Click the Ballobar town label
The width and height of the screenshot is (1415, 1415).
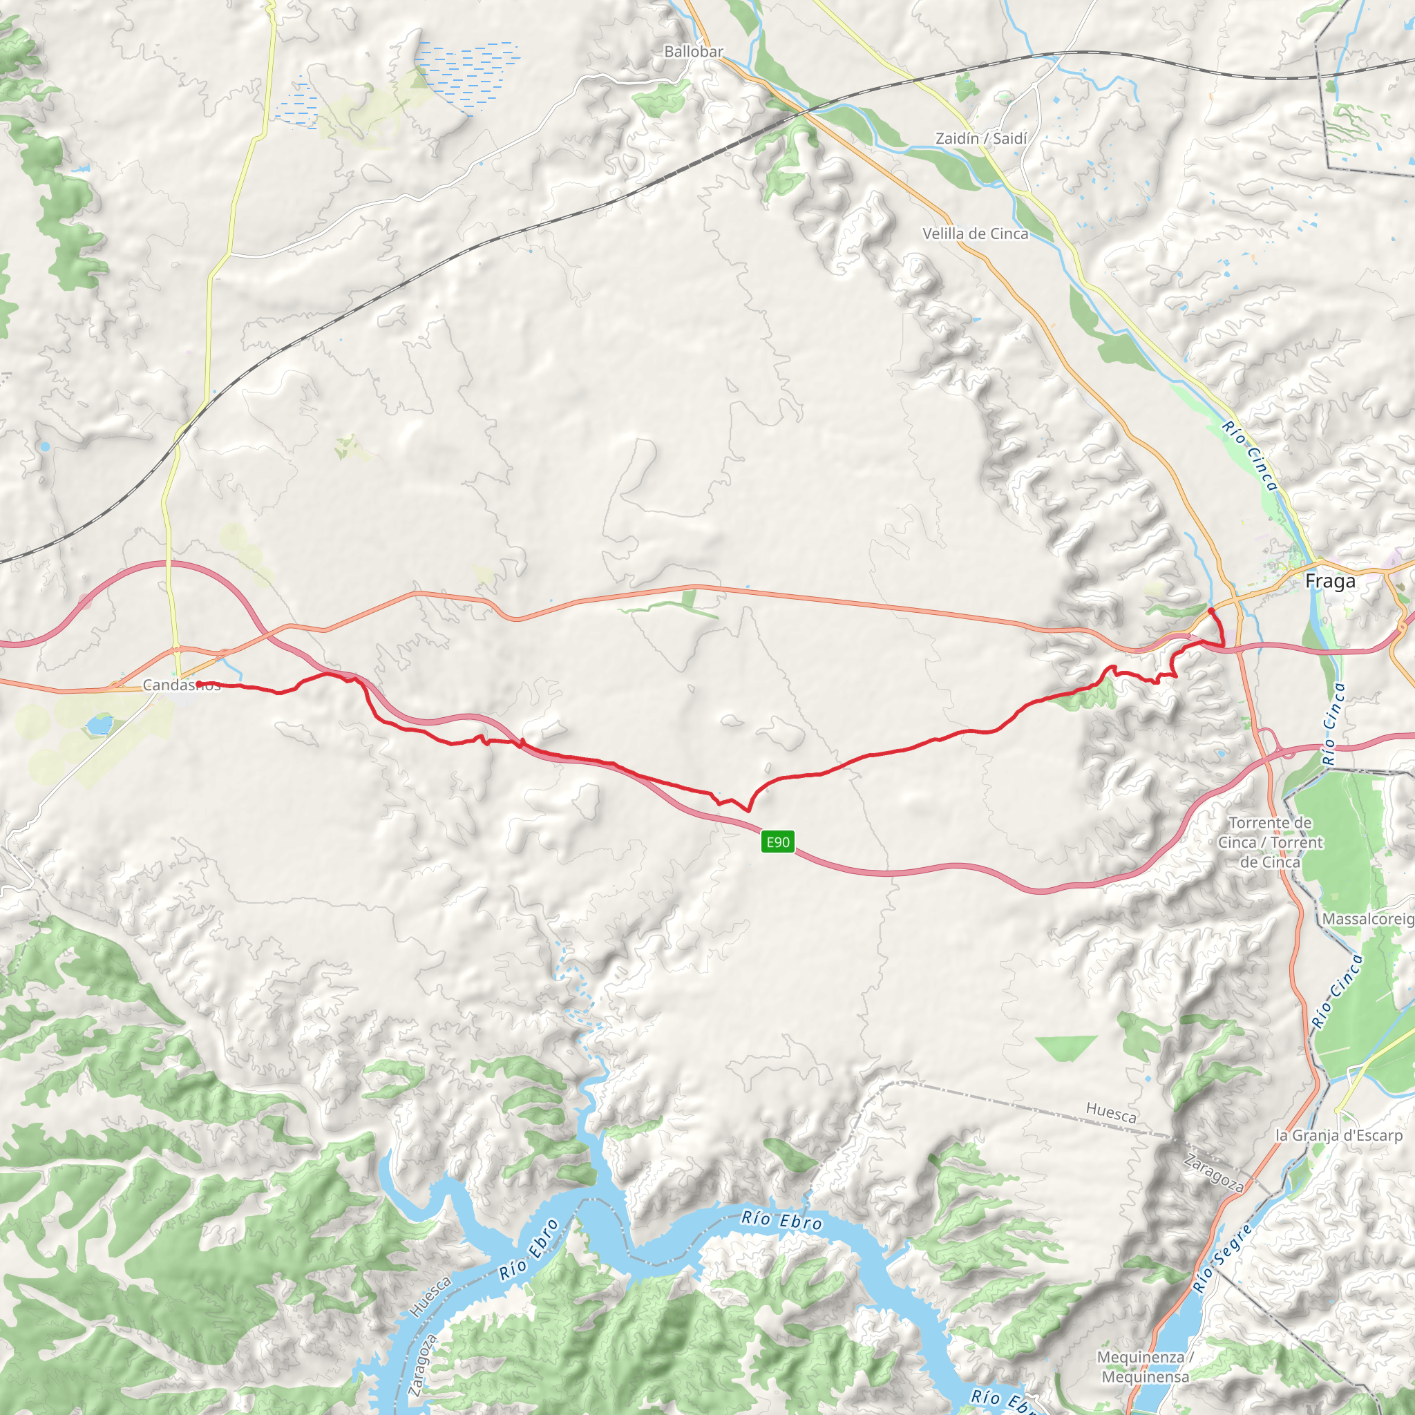click(693, 52)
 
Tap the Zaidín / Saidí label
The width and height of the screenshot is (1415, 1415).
click(981, 138)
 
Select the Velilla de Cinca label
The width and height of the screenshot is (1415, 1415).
click(975, 234)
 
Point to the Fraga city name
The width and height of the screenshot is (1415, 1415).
click(1330, 582)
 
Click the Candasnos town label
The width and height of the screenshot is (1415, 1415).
click(181, 685)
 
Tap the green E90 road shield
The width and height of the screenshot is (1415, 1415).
click(777, 842)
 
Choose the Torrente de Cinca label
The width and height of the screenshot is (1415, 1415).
click(1270, 842)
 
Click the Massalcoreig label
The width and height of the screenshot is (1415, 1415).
click(1367, 919)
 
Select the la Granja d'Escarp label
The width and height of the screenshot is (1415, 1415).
click(1339, 1135)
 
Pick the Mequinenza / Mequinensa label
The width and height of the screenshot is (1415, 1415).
click(1146, 1367)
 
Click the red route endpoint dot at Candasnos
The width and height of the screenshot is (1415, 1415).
click(199, 684)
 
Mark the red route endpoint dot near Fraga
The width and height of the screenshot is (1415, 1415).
click(1210, 610)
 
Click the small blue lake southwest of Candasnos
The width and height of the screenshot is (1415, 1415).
click(99, 725)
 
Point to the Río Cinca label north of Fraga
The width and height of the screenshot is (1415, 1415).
click(1249, 455)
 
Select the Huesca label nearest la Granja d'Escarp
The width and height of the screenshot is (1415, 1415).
click(1111, 1113)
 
